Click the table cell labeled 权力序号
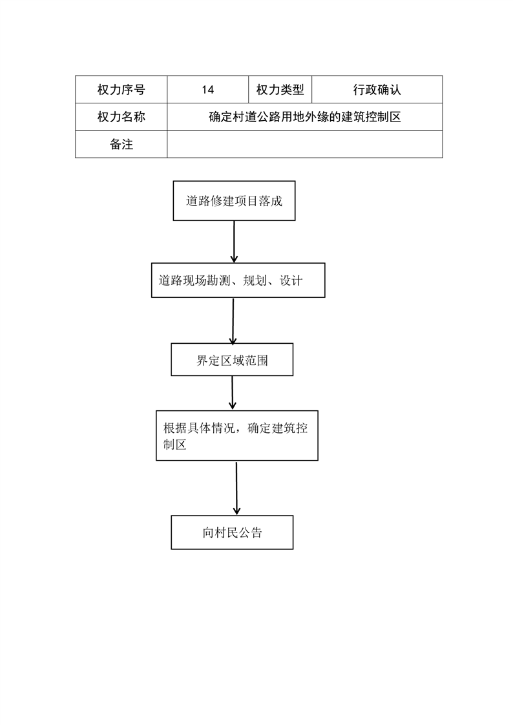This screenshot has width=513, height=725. (x=121, y=90)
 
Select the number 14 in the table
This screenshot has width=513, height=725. (x=207, y=90)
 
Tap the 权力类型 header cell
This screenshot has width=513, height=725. (x=280, y=90)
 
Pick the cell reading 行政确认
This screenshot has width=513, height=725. (x=377, y=90)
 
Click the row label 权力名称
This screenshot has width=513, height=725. (x=121, y=117)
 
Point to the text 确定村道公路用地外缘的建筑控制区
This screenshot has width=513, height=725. (x=304, y=117)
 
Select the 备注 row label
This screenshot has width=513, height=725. (x=121, y=144)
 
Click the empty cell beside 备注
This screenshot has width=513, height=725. (x=304, y=144)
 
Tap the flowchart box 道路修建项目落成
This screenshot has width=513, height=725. (x=234, y=201)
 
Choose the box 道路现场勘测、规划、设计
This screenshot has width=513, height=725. (x=238, y=280)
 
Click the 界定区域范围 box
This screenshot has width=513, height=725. (x=232, y=360)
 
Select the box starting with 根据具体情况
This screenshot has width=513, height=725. (x=236, y=436)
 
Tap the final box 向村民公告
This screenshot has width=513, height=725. (x=232, y=532)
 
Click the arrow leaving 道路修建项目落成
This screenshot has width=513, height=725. (x=234, y=242)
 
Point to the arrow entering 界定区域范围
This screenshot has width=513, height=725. (x=233, y=320)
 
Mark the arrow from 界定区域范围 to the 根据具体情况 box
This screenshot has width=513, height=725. (x=232, y=393)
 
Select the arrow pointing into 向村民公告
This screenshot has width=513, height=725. (x=236, y=489)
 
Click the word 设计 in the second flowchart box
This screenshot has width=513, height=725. (x=291, y=280)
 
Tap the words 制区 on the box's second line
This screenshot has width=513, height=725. (x=174, y=445)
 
